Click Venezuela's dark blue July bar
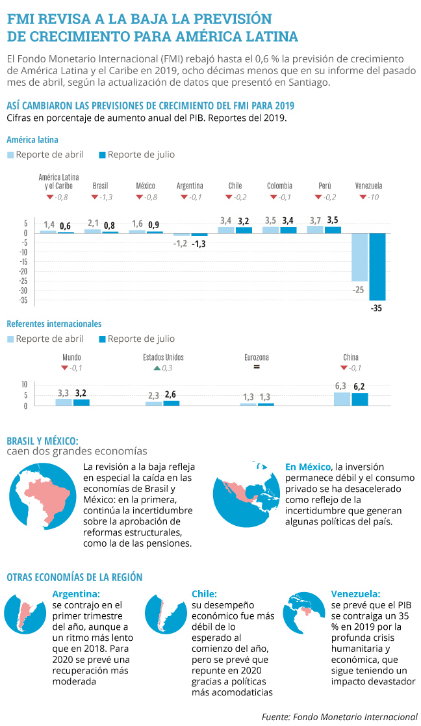377,266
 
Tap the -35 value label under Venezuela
376,308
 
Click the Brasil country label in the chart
101,186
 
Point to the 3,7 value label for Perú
315,221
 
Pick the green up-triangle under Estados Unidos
157,369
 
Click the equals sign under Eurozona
257,368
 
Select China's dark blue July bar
360,399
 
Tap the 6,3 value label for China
341,386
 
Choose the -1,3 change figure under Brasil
103,197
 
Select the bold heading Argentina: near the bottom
76,593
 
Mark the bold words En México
307,467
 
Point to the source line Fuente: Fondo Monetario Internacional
339,716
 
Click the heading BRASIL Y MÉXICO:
42,439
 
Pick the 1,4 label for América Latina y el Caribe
49,225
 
